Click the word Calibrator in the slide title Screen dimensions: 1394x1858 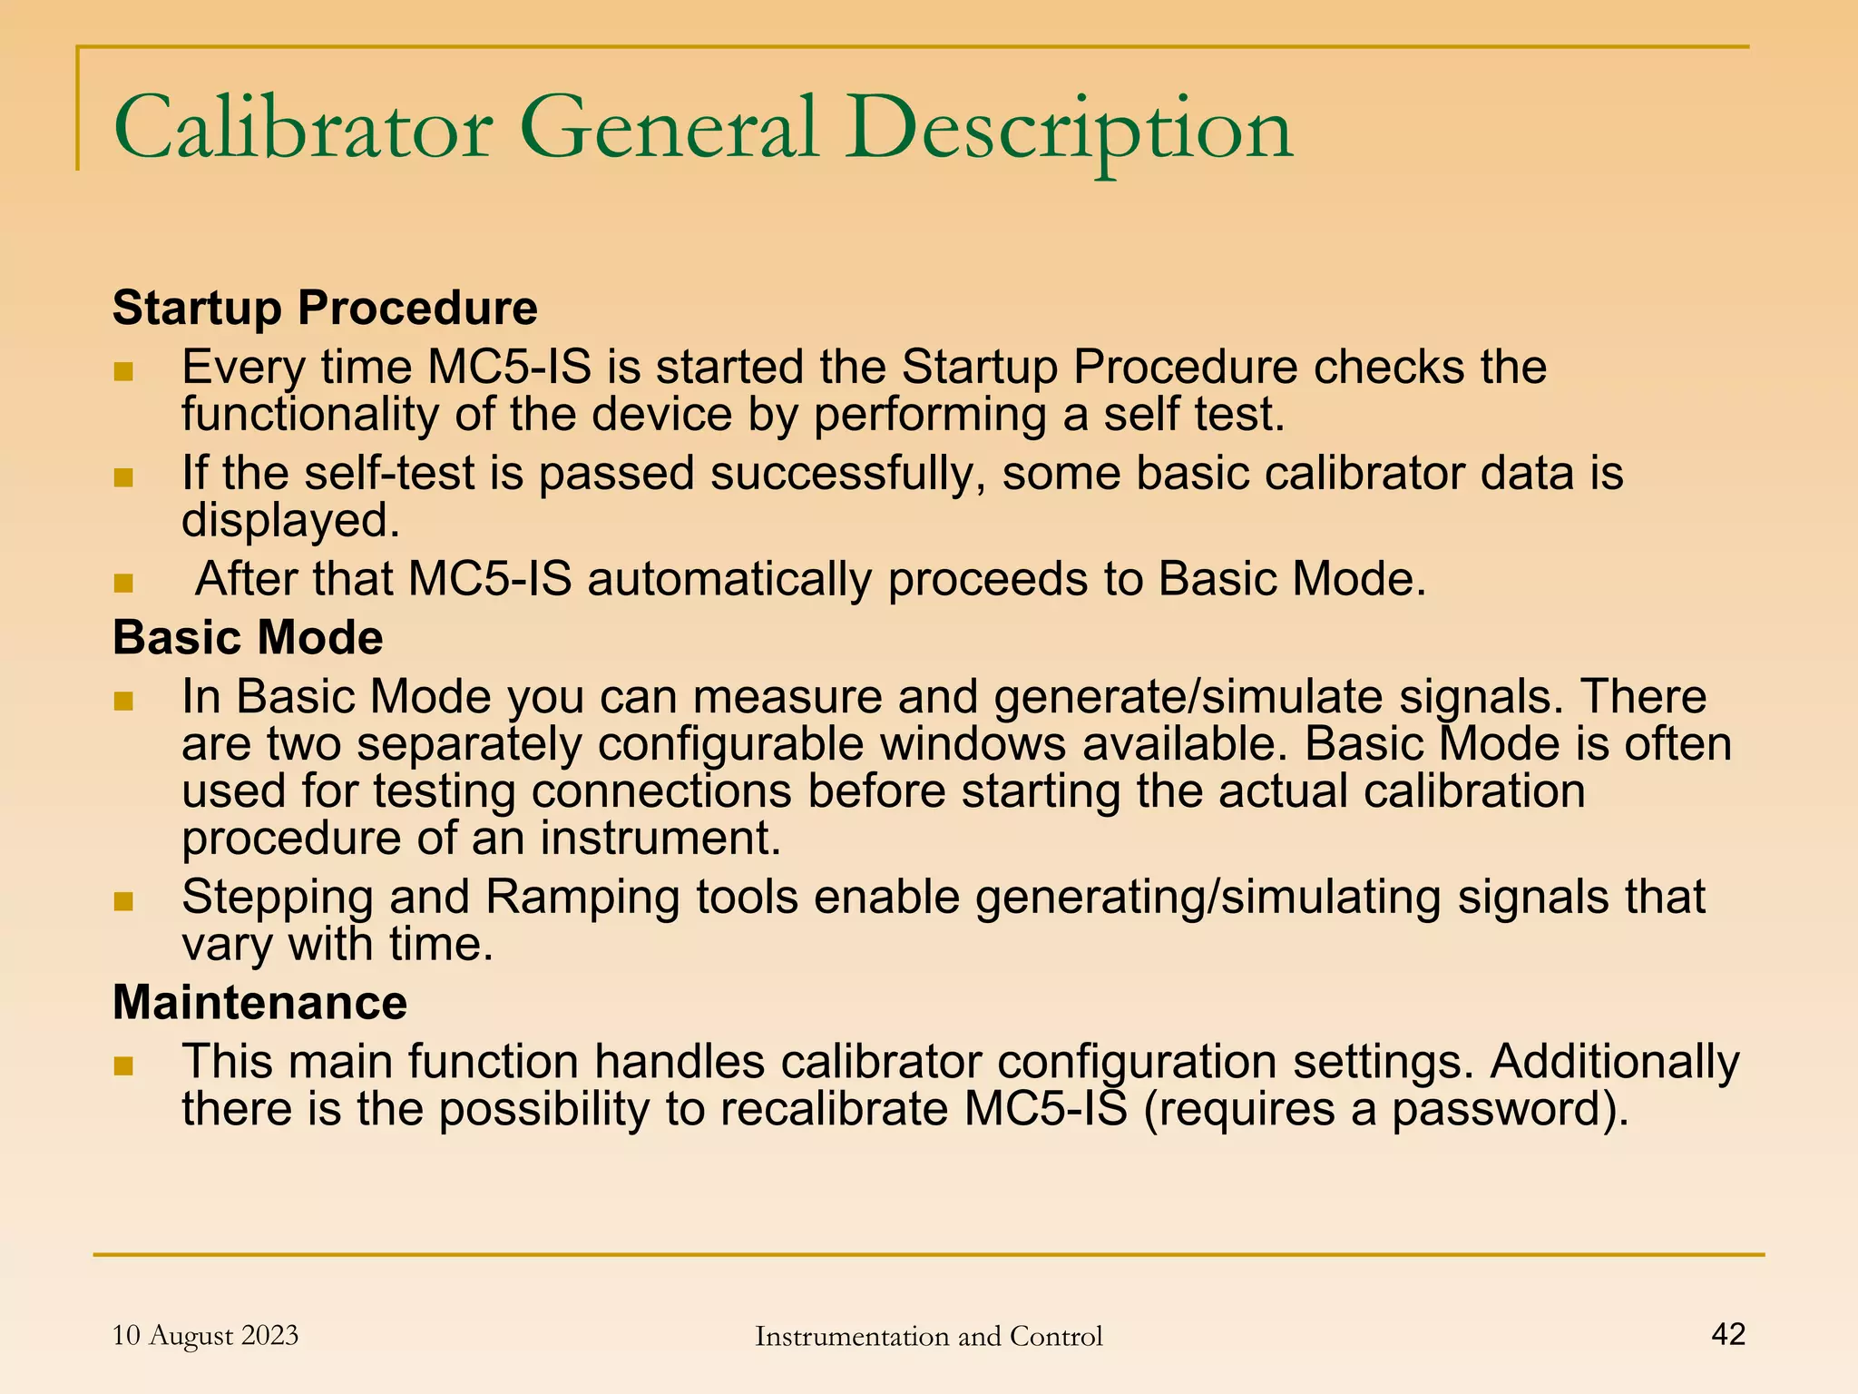[303, 129]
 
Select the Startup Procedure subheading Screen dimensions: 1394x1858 [325, 308]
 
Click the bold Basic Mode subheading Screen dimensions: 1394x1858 [248, 637]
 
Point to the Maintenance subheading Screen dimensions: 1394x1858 [259, 1002]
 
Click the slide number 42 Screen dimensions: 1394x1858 [1727, 1333]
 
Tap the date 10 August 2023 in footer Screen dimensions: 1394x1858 [205, 1335]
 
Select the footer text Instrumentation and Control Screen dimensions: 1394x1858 [928, 1336]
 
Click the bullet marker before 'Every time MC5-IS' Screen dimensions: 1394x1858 [123, 371]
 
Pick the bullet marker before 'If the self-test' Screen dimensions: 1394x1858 [123, 477]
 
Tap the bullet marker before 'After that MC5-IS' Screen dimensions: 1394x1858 [123, 583]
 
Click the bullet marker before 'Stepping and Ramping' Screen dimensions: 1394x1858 [123, 901]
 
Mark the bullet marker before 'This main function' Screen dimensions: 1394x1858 [123, 1065]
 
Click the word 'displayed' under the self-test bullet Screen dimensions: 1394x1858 [290, 521]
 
